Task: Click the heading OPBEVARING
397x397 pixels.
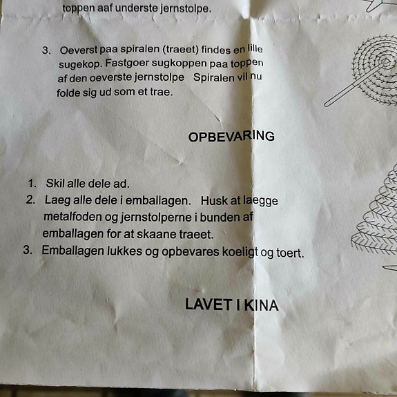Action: (231, 136)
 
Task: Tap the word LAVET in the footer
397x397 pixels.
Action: (209, 304)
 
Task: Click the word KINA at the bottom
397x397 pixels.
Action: (262, 305)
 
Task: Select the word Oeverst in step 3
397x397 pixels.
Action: (79, 50)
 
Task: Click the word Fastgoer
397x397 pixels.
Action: (127, 63)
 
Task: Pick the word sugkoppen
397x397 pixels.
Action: (180, 64)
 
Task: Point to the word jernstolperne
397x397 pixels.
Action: (156, 217)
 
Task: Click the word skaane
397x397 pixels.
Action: (157, 234)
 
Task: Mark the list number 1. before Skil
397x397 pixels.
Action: (32, 183)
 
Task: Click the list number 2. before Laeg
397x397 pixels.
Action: (30, 200)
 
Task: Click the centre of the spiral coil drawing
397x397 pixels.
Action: (385, 61)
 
